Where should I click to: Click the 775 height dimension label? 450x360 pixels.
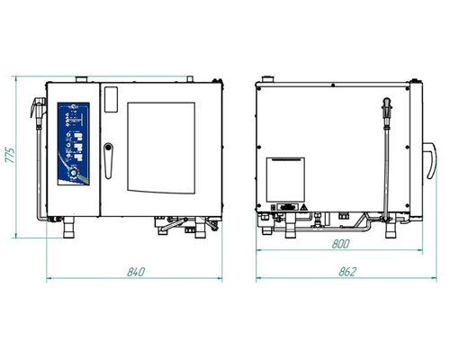click(10, 155)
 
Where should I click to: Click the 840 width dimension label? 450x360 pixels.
click(136, 272)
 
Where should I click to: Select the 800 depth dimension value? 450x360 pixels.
click(341, 244)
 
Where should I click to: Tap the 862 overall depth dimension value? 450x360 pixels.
click(348, 272)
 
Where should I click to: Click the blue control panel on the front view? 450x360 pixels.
click(74, 144)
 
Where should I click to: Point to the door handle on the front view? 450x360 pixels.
click(108, 161)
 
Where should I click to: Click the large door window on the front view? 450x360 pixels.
click(161, 148)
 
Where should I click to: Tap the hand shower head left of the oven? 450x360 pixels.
click(38, 107)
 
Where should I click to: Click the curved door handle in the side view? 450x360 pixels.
click(431, 160)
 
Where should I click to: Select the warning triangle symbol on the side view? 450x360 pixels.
click(304, 207)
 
